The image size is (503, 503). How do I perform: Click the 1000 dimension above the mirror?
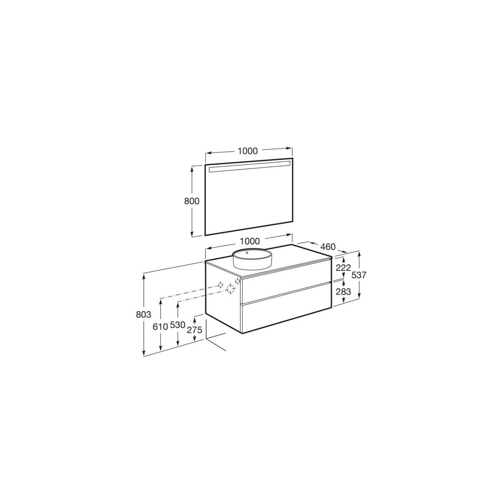(247, 151)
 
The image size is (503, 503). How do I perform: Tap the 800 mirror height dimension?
(192, 201)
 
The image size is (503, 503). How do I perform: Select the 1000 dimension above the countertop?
(250, 241)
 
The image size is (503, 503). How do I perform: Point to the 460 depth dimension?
(328, 246)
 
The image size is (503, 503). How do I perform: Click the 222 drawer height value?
(343, 267)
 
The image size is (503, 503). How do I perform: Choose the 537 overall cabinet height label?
(359, 275)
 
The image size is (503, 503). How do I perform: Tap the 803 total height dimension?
(144, 314)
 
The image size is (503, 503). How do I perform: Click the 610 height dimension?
(160, 326)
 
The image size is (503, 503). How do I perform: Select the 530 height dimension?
(177, 325)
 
